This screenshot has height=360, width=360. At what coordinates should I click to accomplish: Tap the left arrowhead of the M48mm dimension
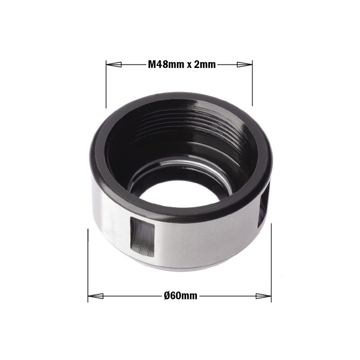tap(113, 64)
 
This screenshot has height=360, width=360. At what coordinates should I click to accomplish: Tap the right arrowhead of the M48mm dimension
tap(244, 64)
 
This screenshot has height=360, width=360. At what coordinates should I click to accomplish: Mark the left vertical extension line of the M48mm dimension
tap(106, 85)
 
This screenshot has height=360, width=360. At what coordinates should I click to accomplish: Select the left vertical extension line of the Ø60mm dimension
tap(88, 265)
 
